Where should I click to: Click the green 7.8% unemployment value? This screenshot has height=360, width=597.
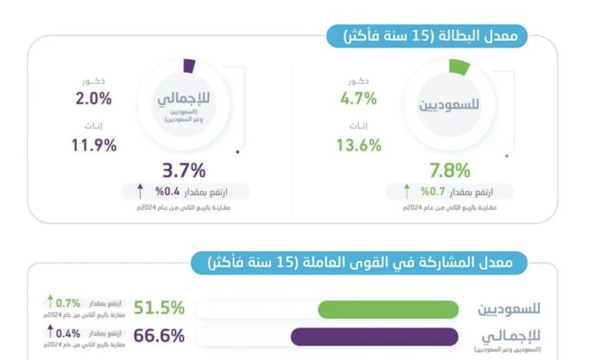click(449, 170)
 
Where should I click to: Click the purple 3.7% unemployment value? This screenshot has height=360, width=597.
click(184, 170)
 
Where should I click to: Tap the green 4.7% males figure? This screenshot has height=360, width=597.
click(359, 98)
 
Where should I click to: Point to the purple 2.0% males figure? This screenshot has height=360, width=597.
click(93, 98)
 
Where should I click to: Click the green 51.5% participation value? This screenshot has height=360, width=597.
click(159, 308)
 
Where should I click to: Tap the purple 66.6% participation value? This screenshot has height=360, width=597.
click(159, 336)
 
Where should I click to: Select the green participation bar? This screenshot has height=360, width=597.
click(388, 309)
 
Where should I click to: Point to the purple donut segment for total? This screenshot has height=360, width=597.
click(191, 66)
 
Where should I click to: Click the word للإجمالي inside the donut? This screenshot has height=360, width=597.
click(182, 100)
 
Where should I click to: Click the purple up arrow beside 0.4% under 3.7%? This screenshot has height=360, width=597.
click(140, 190)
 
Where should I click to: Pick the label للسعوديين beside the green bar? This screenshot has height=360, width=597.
click(509, 309)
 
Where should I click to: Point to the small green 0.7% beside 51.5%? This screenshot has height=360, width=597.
click(68, 303)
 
